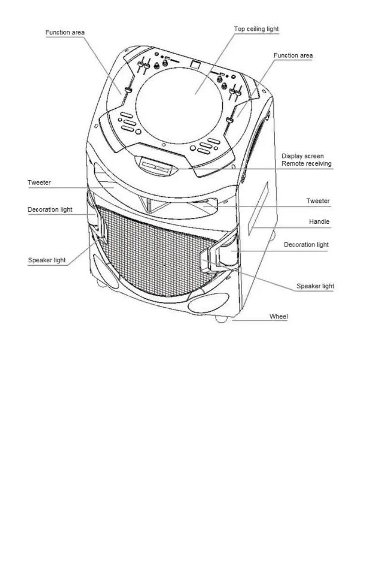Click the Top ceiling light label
256,29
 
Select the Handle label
319,221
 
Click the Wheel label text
279,316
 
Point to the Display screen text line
302,156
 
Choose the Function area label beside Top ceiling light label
293,56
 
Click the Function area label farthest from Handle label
65,32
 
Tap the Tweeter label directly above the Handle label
318,201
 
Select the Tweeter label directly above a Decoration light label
39,182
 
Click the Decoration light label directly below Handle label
306,244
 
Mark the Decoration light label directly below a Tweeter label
50,209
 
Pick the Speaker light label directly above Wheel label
315,286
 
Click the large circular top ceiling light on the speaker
179,105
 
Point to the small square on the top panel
195,65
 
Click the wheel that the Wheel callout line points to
221,319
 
